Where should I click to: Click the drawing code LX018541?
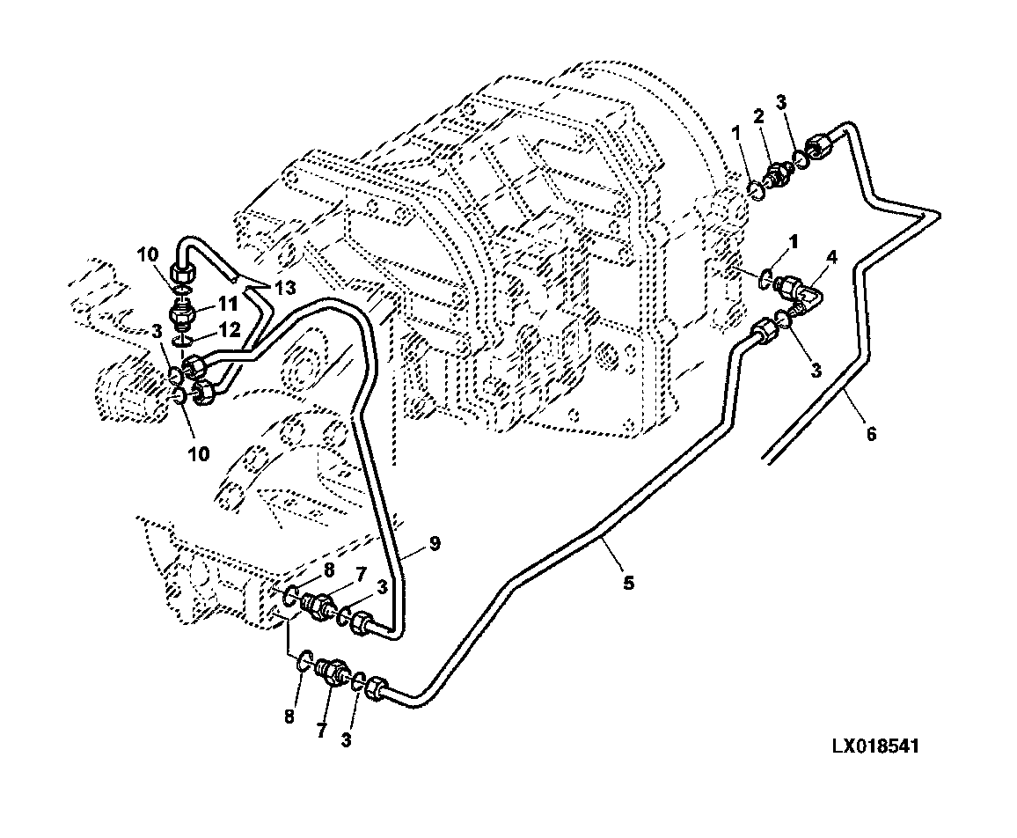pos(875,746)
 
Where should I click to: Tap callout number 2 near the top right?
pos(758,116)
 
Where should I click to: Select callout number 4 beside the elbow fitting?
pos(831,258)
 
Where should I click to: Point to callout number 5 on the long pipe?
pos(628,583)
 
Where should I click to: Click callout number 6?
pos(871,433)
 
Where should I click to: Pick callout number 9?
pos(435,542)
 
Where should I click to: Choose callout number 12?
pos(229,330)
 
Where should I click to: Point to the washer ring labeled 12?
pos(183,341)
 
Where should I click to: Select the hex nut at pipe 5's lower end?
pos(377,688)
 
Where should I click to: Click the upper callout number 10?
pos(147,254)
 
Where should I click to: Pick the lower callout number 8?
pos(289,717)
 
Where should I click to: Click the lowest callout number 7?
pos(321,731)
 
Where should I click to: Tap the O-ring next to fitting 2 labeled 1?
pos(755,189)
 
